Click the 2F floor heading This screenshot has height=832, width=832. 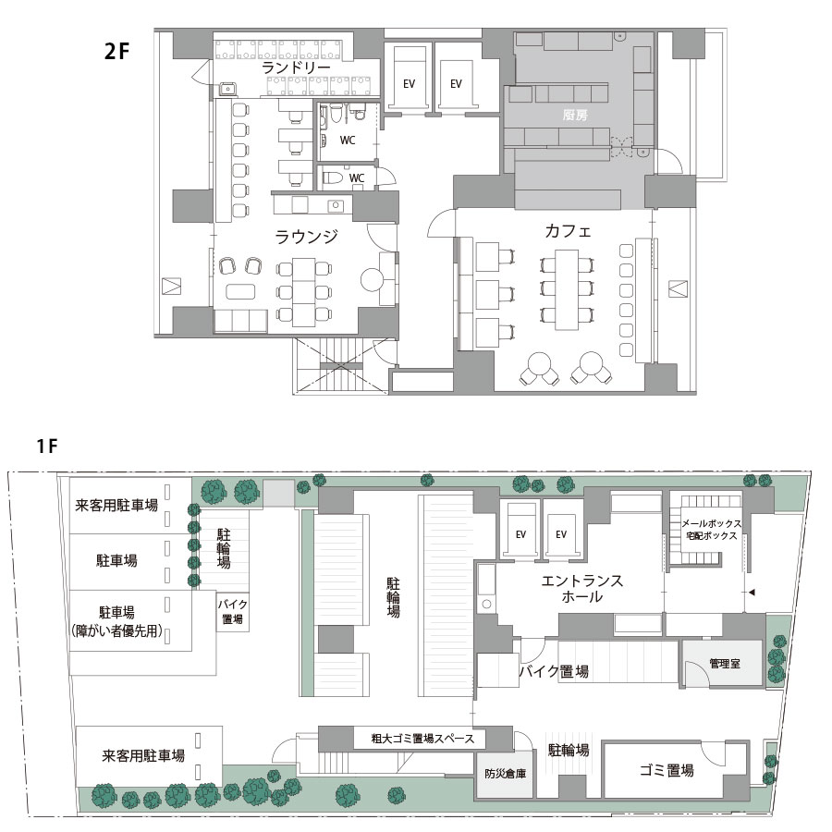click(x=116, y=52)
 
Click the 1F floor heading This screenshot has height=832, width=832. click(x=47, y=446)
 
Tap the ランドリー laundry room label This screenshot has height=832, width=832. click(x=296, y=67)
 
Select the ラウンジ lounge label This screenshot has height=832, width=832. click(x=306, y=237)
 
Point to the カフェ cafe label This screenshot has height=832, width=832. click(x=568, y=231)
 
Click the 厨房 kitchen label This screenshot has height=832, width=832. click(x=575, y=114)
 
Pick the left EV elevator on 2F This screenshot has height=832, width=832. click(x=409, y=84)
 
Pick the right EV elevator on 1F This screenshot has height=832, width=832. click(x=561, y=534)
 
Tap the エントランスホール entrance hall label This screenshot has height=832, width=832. click(x=581, y=589)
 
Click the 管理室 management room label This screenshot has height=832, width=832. click(x=724, y=663)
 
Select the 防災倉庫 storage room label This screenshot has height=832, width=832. click(x=505, y=774)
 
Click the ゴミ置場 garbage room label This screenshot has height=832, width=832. click(x=666, y=770)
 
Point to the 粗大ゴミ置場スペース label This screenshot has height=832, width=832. click(x=422, y=738)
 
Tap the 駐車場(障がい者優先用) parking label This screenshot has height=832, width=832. click(x=116, y=622)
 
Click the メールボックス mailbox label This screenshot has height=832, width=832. click(x=711, y=524)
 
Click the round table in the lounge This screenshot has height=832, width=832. click(x=372, y=279)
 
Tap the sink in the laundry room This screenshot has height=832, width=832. click(x=228, y=89)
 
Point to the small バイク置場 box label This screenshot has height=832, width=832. click(x=232, y=611)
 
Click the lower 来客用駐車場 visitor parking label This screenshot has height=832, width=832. click(x=143, y=755)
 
